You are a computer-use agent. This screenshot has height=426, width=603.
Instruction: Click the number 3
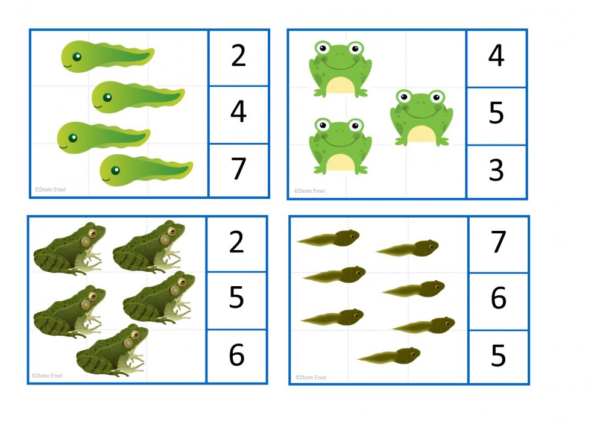coord(496,171)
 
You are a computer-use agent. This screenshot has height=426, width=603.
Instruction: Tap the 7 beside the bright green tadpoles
coord(238,169)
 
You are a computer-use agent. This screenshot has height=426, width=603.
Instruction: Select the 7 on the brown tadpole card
coord(499,242)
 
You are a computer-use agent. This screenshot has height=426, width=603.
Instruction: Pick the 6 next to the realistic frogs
coord(236,355)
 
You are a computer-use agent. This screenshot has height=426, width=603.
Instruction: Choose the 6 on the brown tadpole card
coord(499,298)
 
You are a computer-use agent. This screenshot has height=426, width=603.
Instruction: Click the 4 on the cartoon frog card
coord(496,55)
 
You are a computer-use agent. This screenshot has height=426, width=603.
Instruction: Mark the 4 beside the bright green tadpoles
coord(238,111)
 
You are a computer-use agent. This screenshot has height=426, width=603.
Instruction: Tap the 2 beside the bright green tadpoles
coord(238,55)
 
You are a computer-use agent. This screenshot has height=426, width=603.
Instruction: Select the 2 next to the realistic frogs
coord(236,242)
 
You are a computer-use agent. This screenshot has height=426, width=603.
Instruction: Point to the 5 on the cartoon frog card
coord(496,113)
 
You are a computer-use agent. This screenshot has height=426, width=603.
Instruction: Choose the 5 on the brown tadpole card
coord(499,356)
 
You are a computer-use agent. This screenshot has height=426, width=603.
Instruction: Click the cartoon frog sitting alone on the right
coord(421,118)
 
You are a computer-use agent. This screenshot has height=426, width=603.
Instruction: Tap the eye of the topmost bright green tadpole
coord(77,57)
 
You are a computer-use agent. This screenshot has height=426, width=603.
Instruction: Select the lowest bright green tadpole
coord(146,170)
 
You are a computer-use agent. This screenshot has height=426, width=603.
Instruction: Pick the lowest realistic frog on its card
coord(112,350)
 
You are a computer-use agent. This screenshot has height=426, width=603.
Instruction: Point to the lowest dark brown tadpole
coord(389,356)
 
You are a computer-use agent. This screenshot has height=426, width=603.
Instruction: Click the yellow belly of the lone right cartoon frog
coord(421,134)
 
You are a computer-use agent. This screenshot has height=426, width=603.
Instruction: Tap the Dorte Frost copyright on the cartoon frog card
coord(309,191)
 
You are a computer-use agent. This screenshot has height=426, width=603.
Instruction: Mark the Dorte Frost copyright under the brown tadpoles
coord(311,378)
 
